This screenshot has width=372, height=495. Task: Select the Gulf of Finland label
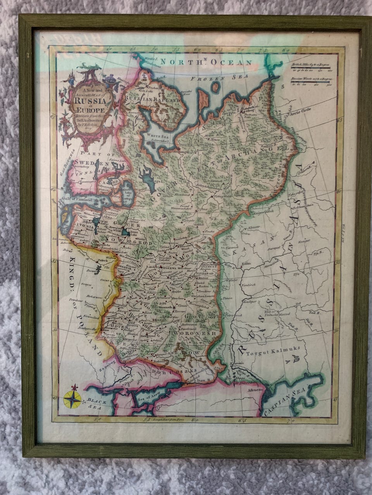pyautogui.click(x=77, y=200)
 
